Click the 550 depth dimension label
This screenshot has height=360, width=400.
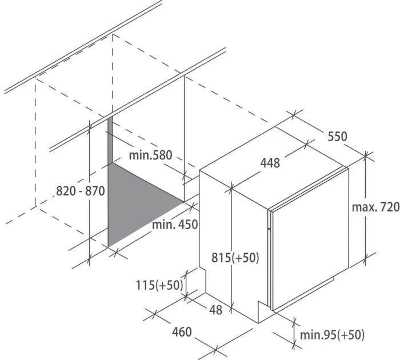(337, 136)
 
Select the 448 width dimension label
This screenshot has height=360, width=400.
(270, 163)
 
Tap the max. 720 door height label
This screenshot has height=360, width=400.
(375, 207)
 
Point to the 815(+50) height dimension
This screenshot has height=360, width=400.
(235, 258)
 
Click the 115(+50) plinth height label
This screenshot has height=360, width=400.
(159, 285)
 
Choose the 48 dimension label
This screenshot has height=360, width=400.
(215, 310)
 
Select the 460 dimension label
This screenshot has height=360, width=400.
(182, 332)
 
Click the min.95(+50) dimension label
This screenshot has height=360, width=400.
(332, 335)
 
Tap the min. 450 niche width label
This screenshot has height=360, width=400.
(175, 225)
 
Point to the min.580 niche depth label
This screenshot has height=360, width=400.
(150, 155)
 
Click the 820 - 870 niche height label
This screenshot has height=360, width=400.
(81, 191)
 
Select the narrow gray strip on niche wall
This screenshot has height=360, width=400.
(110, 141)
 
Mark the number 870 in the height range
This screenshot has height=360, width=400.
(95, 191)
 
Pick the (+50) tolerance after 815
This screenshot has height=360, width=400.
(245, 258)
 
